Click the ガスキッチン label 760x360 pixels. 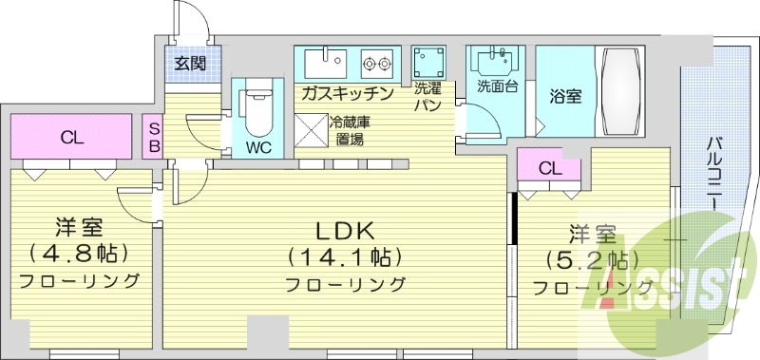pyautogui.click(x=348, y=93)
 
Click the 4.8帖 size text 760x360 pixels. pyautogui.click(x=80, y=254)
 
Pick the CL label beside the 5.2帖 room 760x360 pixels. pyautogui.click(x=548, y=168)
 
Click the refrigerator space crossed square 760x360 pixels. pyautogui.click(x=310, y=129)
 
